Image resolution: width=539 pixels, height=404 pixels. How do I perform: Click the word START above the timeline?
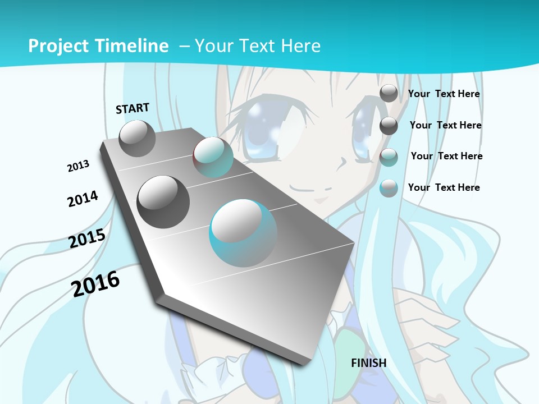click(x=133, y=108)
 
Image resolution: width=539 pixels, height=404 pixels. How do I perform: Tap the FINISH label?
click(x=368, y=363)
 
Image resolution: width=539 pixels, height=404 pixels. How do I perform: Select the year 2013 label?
click(x=78, y=166)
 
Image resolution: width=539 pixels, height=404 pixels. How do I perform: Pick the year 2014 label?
click(x=83, y=199)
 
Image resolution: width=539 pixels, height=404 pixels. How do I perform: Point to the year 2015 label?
click(x=87, y=238)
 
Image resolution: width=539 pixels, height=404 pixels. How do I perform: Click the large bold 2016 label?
click(x=95, y=283)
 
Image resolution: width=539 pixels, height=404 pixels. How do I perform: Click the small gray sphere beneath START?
click(x=137, y=138)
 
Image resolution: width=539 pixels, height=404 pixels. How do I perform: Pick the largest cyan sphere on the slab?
click(x=243, y=233)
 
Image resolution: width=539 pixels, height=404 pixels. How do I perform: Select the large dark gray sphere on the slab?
click(x=163, y=202)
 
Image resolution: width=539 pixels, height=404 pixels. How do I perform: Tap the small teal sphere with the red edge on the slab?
click(x=213, y=158)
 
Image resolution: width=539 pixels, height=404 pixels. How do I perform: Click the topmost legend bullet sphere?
click(x=389, y=94)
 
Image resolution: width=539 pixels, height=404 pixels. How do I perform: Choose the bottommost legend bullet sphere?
click(x=389, y=188)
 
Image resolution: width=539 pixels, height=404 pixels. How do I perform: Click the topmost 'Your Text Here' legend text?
click(x=444, y=94)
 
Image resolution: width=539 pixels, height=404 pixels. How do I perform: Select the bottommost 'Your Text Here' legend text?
click(x=444, y=187)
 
